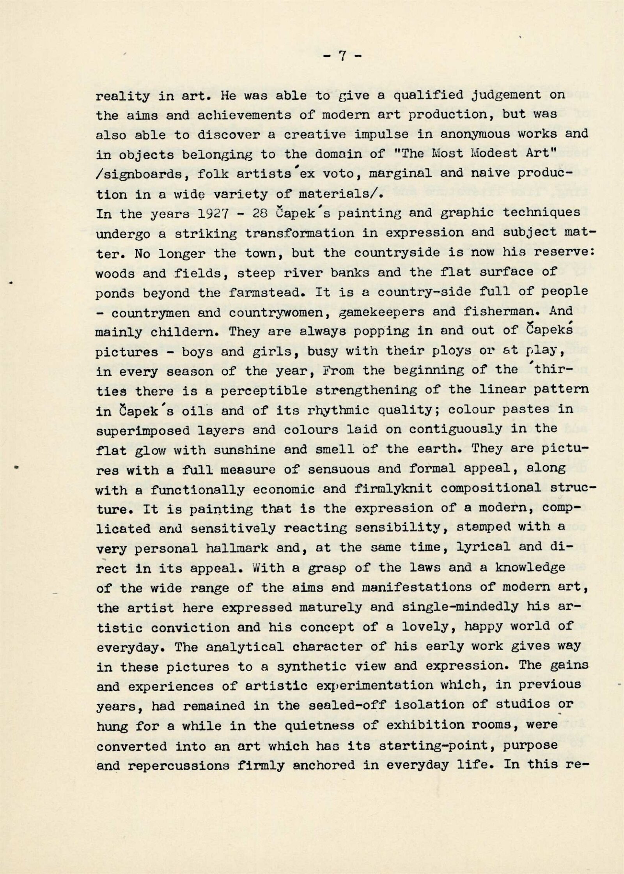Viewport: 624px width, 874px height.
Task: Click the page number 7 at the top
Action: click(x=342, y=57)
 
